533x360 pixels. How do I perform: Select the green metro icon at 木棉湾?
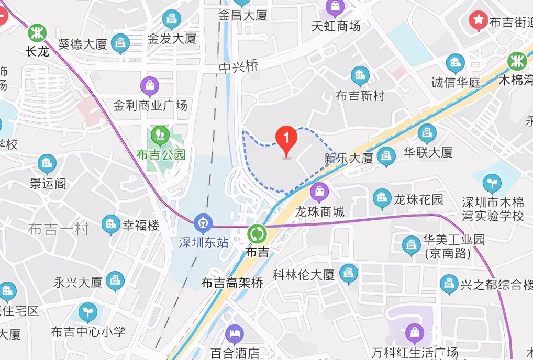pos(517,61)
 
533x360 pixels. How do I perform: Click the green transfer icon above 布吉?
pos(257,232)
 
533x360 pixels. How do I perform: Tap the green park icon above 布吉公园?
pos(160,136)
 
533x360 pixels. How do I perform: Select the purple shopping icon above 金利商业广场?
pos(150,86)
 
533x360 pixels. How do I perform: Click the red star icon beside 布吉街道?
pos(478,21)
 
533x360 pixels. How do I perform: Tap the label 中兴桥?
pos(239,67)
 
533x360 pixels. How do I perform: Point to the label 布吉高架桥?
pos(232,283)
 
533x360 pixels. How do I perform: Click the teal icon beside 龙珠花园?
pos(382,198)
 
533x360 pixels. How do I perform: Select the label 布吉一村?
pos(59,229)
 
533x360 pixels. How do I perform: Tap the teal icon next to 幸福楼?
pos(110,224)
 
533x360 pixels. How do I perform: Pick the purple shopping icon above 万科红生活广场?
pos(415,332)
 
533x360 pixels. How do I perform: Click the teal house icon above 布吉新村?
pos(360,76)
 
